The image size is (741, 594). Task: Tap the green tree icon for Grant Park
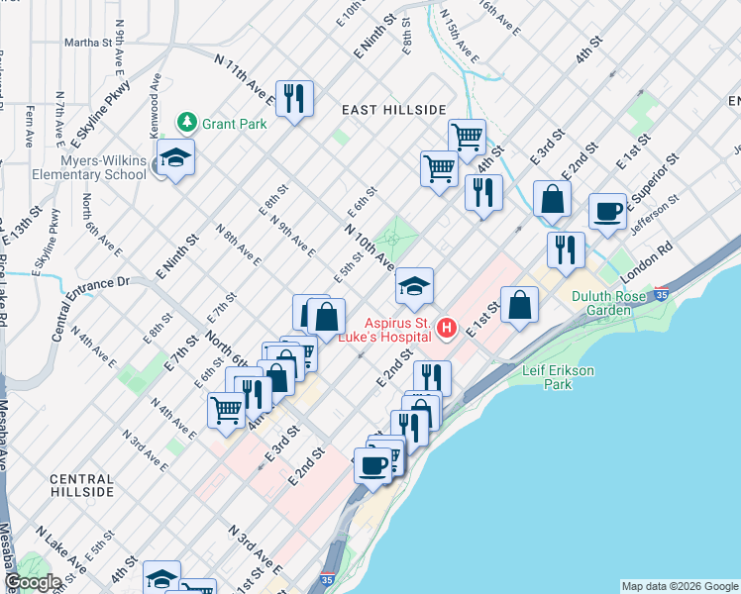pos(186,123)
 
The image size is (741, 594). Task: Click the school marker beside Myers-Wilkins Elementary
pos(176,159)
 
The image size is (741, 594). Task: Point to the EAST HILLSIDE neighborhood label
pos(393,109)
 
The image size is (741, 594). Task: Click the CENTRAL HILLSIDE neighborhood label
pos(82,485)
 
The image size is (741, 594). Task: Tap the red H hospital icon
pos(447,327)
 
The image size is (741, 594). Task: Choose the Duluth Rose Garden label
pos(614,303)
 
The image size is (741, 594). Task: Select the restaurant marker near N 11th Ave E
pos(294,98)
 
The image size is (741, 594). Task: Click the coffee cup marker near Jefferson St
pos(608,211)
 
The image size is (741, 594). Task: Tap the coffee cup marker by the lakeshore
pos(373,465)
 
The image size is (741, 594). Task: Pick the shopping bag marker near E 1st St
pos(519,305)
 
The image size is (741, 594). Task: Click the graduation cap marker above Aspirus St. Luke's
pos(414,287)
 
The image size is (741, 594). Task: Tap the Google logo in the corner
pos(33,582)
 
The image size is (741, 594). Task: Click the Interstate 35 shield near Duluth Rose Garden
pos(662,294)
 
